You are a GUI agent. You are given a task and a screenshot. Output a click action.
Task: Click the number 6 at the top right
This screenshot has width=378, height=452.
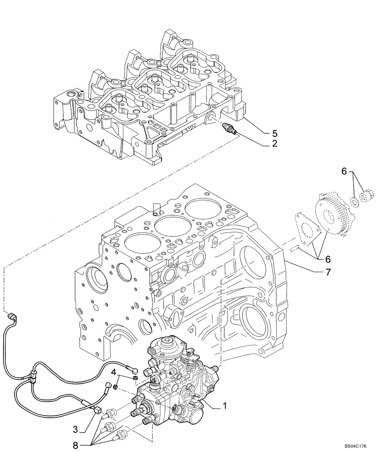pyautogui.click(x=344, y=172)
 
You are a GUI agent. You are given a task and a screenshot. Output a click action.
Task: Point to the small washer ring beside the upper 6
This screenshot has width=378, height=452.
pyautogui.click(x=355, y=199)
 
